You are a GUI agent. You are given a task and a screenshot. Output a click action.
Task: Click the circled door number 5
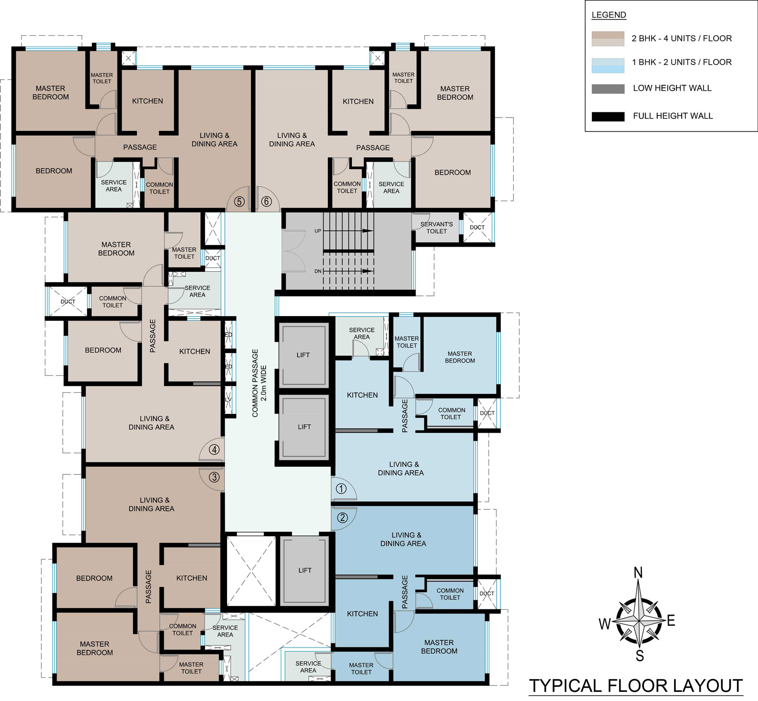[x=239, y=202]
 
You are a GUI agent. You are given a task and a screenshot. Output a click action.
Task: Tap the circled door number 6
[x=267, y=202]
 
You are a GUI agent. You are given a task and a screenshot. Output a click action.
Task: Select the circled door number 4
[x=214, y=450]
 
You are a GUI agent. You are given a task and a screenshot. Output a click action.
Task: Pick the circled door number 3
[x=214, y=477]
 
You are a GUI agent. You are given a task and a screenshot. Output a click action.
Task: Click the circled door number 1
[x=341, y=489]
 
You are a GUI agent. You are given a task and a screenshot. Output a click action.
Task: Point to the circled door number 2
[x=342, y=518]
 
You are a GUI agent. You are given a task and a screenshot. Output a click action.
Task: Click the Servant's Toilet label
[x=437, y=228]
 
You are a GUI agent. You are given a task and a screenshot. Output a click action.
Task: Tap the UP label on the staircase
[x=318, y=231]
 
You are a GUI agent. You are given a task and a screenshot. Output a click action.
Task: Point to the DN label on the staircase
[x=318, y=271]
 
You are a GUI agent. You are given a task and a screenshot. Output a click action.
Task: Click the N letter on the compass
[x=638, y=573]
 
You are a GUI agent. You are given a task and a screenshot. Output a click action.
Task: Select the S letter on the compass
[x=640, y=656]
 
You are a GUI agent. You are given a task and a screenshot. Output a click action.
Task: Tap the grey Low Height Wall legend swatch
[x=608, y=89]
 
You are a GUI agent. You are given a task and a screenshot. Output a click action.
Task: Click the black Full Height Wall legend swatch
[x=608, y=116]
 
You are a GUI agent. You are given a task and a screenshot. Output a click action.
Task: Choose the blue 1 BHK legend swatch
[x=608, y=65]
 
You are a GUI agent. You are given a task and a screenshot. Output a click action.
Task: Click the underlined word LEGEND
[x=609, y=15]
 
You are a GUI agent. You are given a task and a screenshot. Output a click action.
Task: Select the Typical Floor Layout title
[x=636, y=685]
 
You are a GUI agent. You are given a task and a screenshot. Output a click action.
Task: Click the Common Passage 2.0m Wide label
[x=259, y=383]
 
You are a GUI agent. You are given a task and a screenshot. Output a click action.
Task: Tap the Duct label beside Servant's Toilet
[x=477, y=227]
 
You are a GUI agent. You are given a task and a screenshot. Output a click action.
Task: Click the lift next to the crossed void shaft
[x=304, y=571]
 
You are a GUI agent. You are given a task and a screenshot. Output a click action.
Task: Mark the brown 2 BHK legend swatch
[x=608, y=39]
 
